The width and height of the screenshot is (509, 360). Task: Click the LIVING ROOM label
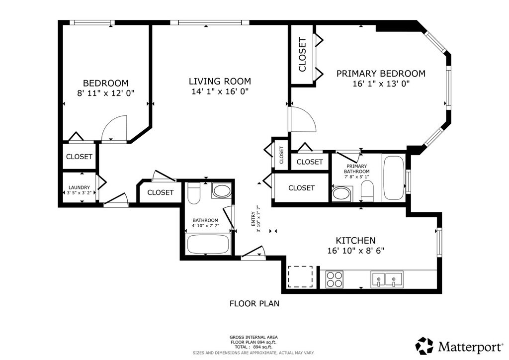click(220, 81)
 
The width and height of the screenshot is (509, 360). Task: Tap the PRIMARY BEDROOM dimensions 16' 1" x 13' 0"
click(381, 84)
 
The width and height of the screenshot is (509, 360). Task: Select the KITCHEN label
click(355, 241)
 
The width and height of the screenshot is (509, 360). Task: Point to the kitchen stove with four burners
click(335, 279)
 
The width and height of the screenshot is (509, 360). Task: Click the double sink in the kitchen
click(387, 279)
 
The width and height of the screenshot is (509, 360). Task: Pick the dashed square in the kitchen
click(301, 276)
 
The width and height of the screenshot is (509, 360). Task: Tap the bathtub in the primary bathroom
click(394, 178)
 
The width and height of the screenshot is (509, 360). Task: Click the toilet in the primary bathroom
click(367, 191)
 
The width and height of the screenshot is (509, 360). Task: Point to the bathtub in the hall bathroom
click(208, 244)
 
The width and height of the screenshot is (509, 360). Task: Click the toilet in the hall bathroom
click(194, 193)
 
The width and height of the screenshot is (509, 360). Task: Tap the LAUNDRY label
click(79, 187)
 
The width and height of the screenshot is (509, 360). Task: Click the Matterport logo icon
click(424, 346)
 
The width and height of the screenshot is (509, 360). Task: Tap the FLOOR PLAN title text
click(254, 303)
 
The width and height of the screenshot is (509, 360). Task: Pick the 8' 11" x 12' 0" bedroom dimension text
click(106, 93)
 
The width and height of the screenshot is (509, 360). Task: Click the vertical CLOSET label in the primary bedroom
click(302, 55)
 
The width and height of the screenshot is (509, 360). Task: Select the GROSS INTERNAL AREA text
click(254, 337)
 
